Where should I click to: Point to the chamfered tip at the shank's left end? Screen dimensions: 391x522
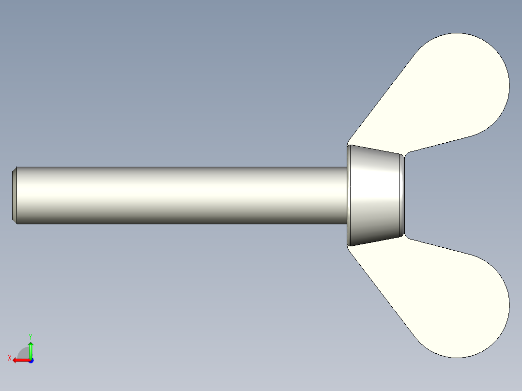(x=15, y=195)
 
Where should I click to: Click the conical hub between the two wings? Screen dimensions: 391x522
(x=375, y=195)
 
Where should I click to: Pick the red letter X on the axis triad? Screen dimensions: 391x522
(x=9, y=358)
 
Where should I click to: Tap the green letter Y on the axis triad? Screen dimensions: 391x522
(x=30, y=336)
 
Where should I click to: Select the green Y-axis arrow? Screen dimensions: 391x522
(x=31, y=349)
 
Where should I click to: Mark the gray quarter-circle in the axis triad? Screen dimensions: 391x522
(x=24, y=353)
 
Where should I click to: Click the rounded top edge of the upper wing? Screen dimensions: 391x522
(x=458, y=34)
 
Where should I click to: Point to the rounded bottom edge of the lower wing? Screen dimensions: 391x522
(x=458, y=357)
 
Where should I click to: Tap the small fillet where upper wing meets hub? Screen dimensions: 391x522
(x=406, y=153)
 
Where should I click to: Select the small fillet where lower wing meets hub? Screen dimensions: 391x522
(x=406, y=237)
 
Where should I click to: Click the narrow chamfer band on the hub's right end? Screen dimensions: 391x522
(x=402, y=195)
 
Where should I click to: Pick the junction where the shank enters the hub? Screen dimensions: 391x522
(x=347, y=195)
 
